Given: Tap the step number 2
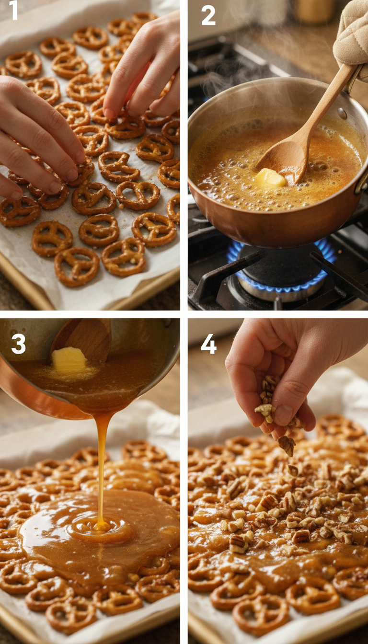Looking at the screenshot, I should coord(208,15).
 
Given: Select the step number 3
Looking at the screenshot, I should coord(18,344).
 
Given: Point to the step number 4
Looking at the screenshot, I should coord(208,344).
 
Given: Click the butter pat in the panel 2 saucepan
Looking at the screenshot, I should coord(270,178).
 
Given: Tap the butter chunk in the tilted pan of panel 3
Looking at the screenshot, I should coord(69,360).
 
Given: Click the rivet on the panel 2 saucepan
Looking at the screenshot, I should coord(342,114).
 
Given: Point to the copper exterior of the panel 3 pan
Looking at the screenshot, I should coord(29,393).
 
